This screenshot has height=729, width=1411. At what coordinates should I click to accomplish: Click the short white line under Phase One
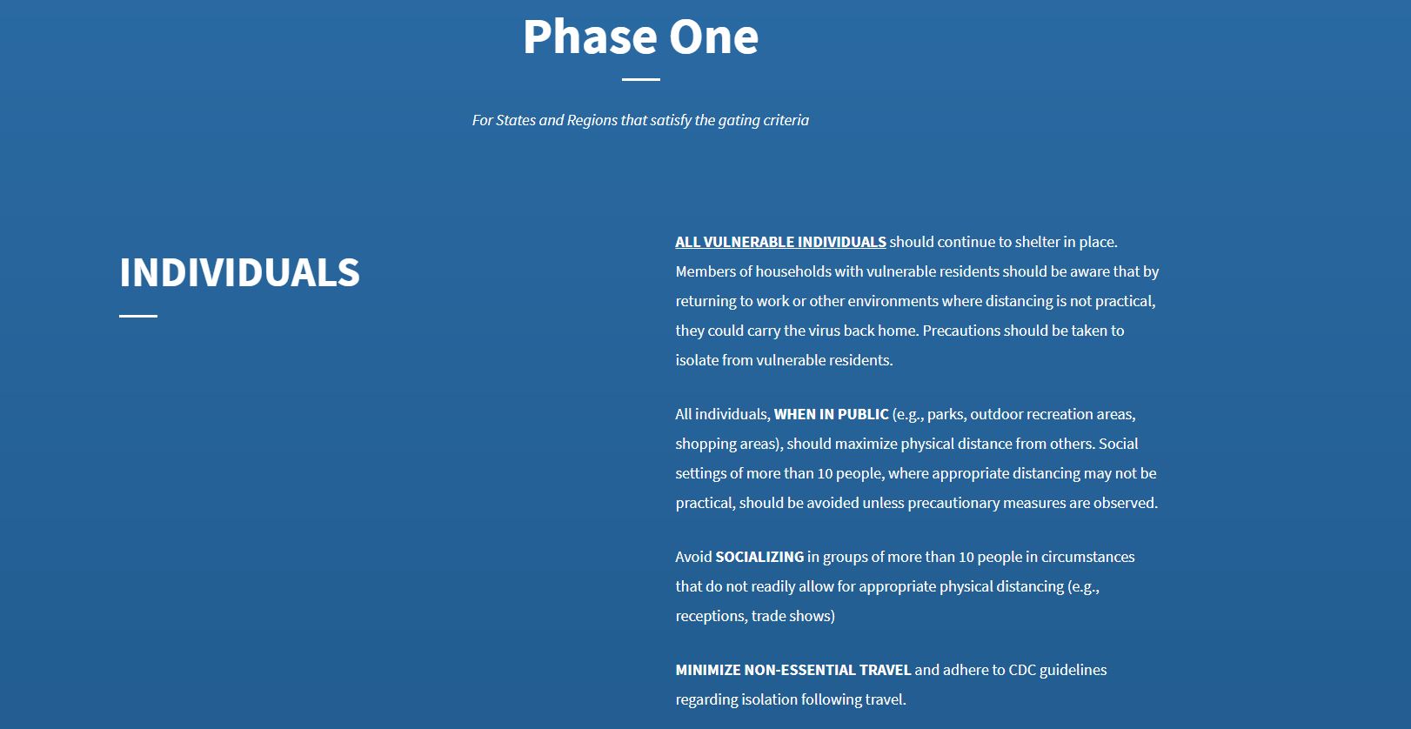coord(640,79)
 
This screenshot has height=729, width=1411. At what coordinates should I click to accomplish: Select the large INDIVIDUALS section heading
coord(239,273)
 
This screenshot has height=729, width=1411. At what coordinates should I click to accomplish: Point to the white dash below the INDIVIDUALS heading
coord(137,316)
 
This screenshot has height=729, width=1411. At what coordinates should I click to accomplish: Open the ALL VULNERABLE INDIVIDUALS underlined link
coord(780,242)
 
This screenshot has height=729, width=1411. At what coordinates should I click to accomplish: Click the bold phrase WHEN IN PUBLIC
coord(831,414)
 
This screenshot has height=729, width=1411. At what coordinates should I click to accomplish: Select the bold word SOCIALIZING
coord(759,557)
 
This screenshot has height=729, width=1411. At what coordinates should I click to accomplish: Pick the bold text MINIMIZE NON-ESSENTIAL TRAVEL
coord(792,670)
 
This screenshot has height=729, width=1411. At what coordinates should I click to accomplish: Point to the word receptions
coord(710,616)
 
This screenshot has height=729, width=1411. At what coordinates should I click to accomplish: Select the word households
coord(793,271)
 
